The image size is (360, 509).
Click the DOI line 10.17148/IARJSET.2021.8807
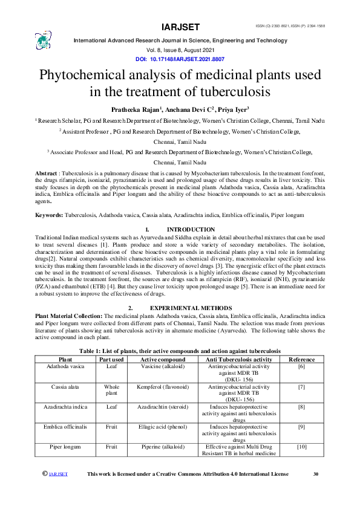180,59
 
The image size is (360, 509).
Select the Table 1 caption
180,351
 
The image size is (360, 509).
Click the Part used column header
111,358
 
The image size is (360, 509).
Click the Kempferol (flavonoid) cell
159,386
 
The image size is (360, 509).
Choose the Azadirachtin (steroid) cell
159,407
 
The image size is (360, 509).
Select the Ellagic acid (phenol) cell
159,426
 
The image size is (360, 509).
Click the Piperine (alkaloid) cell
159,446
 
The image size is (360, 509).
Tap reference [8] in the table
301,407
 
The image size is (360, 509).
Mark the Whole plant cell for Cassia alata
111,389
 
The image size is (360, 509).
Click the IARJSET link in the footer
58,475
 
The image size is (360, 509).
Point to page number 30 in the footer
315,474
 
